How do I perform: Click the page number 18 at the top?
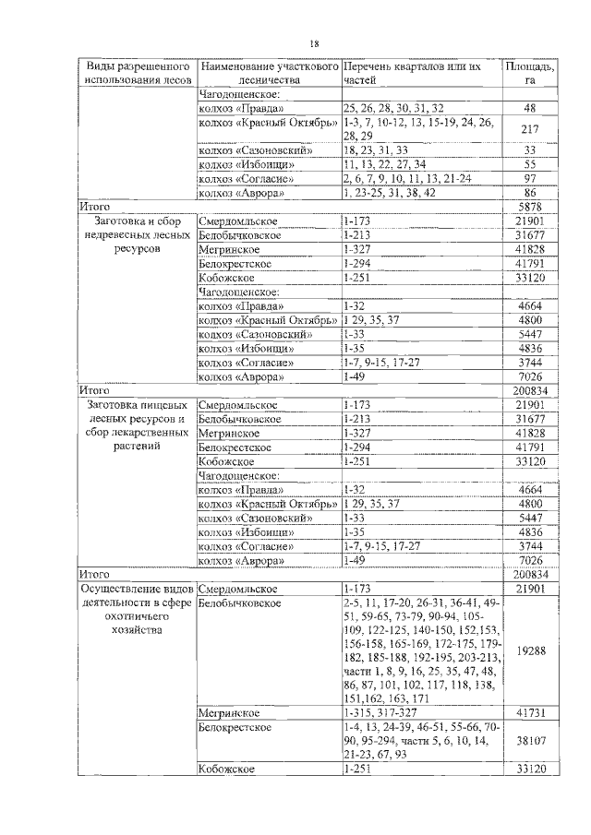click(x=314, y=43)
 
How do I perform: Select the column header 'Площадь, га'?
click(x=529, y=74)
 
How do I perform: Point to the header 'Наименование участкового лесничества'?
click(x=269, y=74)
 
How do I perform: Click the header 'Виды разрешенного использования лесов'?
click(x=137, y=74)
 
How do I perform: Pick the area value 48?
click(x=529, y=108)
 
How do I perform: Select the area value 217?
click(x=529, y=129)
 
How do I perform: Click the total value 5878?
click(x=529, y=208)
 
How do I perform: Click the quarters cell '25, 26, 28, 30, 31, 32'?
click(x=393, y=108)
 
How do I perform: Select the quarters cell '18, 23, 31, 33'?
click(x=375, y=149)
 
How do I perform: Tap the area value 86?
click(x=529, y=193)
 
